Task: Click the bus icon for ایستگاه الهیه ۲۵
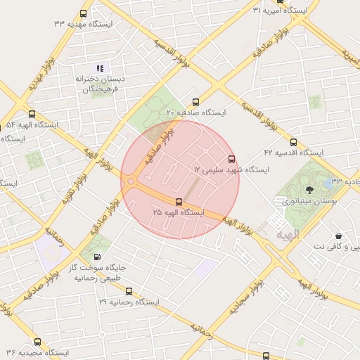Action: [179, 202]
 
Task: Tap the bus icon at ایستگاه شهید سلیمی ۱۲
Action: [232, 159]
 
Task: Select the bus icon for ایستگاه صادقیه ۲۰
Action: [195, 101]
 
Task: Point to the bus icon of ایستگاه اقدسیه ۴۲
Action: [292, 142]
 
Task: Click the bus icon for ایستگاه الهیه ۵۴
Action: [31, 114]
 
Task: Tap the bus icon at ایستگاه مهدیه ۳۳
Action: [84, 14]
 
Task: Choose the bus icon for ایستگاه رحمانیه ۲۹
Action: [128, 291]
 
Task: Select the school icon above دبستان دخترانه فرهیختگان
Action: [99, 68]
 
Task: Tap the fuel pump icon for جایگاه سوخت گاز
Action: [96, 257]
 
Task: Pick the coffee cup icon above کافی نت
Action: [339, 236]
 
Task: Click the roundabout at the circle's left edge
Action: [131, 181]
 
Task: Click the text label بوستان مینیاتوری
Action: [310, 200]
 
